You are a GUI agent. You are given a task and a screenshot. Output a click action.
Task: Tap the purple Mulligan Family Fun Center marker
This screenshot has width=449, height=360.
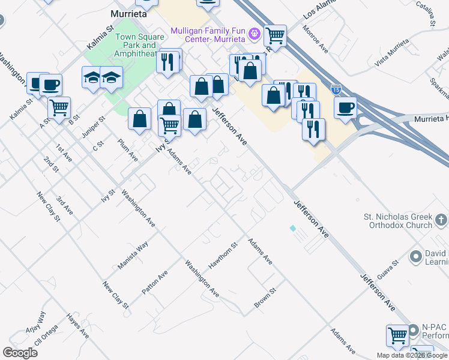click(x=255, y=34)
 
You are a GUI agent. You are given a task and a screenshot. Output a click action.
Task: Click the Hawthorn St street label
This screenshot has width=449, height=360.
click(x=223, y=255)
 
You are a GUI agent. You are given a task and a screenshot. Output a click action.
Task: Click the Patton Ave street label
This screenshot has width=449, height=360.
click(x=154, y=283)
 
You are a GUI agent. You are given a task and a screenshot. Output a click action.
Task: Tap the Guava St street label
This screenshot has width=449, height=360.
click(x=388, y=269)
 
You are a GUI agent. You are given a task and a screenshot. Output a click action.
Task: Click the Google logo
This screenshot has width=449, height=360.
click(x=20, y=353)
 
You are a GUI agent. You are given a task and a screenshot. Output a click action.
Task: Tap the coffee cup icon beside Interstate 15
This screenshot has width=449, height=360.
click(x=345, y=108)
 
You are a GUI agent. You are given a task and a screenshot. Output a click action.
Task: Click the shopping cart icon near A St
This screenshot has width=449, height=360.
click(x=59, y=108)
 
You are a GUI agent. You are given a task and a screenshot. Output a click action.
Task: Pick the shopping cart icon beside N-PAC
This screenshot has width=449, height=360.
click(x=397, y=335)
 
